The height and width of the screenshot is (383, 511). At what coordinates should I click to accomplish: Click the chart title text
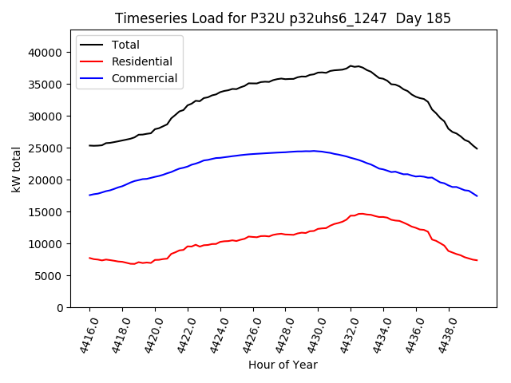[x=283, y=18]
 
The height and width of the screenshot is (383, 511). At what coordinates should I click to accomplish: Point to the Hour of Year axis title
[x=283, y=365]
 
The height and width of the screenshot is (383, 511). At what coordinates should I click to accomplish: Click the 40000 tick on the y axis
[x=46, y=53]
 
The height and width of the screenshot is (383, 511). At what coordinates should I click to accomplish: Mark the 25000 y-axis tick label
[x=46, y=148]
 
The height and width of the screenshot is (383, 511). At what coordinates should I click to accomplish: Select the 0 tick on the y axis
[x=60, y=308]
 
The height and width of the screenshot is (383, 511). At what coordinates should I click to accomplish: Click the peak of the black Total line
[x=351, y=65]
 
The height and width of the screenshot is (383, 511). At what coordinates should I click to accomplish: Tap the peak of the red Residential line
[x=361, y=213]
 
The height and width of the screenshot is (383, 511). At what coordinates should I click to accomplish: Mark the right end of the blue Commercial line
[x=477, y=195]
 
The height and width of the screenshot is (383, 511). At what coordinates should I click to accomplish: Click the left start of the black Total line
[x=89, y=145]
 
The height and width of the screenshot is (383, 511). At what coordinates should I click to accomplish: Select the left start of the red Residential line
[x=89, y=258]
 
